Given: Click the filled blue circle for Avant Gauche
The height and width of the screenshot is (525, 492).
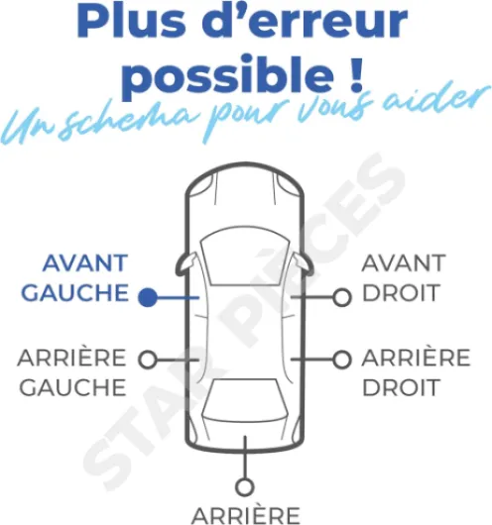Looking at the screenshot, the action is point(148,297).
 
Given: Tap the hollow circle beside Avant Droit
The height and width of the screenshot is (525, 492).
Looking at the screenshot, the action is point(342,297).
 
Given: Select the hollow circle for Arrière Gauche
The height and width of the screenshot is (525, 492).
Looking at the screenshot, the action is point(148,360).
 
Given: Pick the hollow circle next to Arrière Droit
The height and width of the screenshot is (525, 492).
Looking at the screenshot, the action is point(342,360).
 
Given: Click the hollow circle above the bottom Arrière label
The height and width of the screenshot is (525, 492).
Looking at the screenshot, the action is point(245,486).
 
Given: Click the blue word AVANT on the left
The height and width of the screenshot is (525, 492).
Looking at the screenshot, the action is point(85,263).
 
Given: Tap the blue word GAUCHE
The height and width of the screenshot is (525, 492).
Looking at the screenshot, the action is point(74,292).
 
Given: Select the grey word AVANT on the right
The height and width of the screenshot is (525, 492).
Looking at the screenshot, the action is point(404,263).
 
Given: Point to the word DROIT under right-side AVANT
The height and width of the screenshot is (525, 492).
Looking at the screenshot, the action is point(401,292).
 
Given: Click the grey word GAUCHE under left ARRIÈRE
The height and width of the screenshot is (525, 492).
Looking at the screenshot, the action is point(72,387).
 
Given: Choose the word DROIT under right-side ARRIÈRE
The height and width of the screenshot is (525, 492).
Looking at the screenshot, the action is point(401,387).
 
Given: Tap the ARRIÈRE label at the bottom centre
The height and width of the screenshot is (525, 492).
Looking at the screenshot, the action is point(246,516).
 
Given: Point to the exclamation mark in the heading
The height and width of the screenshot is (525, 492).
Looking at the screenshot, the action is point(355,74).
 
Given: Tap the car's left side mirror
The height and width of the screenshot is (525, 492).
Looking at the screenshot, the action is point(185,263).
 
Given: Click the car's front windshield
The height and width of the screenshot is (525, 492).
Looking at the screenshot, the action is point(245,258).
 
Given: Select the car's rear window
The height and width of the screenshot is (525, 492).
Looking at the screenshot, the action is point(245,399).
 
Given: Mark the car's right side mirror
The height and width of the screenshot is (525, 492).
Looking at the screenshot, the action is point(305,263).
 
